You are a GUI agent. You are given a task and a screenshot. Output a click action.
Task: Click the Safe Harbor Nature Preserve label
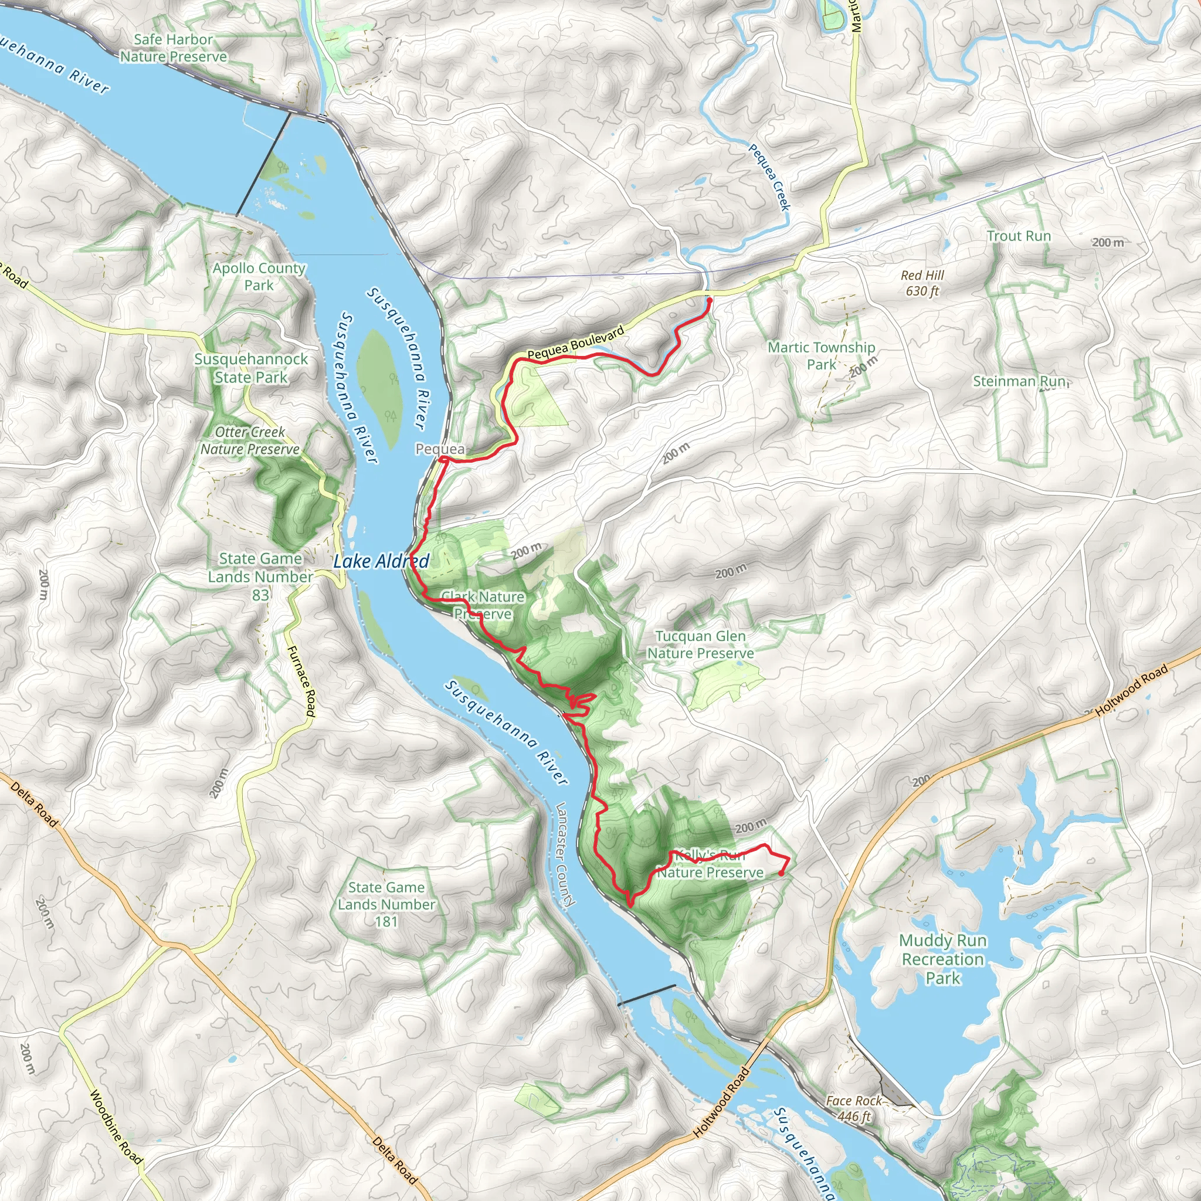(x=174, y=48)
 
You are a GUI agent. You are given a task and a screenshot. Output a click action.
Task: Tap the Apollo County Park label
(x=259, y=277)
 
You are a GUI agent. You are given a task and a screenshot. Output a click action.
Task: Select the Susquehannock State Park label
(x=251, y=368)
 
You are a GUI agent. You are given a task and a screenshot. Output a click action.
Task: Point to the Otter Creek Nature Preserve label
(x=250, y=440)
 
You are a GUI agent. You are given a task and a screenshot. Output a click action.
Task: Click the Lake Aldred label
(x=381, y=561)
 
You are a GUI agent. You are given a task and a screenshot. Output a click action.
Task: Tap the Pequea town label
(x=439, y=449)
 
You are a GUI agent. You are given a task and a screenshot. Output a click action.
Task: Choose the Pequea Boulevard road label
(x=576, y=343)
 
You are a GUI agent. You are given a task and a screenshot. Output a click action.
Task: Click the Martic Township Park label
(x=821, y=355)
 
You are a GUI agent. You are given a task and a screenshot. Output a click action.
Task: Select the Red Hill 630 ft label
(x=922, y=283)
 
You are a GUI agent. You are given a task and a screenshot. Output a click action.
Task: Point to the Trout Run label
(x=1019, y=236)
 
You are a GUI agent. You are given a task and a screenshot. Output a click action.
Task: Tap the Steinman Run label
(x=1019, y=381)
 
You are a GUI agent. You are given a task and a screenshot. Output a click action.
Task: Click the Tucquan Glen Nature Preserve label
(x=701, y=644)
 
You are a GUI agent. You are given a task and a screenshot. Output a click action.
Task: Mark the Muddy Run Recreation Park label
(x=943, y=959)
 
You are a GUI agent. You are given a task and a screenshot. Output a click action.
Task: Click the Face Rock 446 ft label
(x=853, y=1108)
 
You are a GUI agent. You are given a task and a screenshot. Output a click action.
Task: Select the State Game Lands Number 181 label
(x=386, y=904)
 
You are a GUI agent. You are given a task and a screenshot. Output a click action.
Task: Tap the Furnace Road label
(x=301, y=681)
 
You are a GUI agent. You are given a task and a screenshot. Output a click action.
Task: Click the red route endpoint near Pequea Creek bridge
(x=710, y=300)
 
